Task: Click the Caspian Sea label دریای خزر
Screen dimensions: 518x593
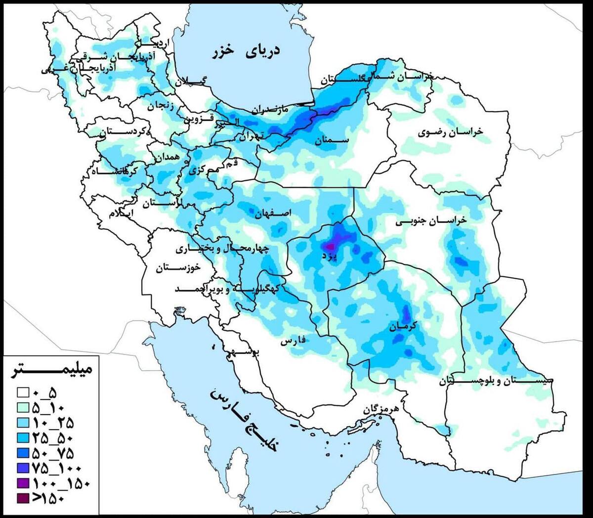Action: point(246,51)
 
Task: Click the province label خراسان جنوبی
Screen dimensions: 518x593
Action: point(430,222)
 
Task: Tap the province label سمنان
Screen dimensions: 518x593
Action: point(333,140)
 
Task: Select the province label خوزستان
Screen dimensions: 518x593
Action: point(178,268)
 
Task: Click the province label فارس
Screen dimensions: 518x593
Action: point(294,341)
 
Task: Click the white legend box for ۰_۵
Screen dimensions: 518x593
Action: point(23,393)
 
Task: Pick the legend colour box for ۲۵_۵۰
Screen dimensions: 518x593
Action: point(23,438)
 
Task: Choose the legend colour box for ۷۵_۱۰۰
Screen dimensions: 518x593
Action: point(23,468)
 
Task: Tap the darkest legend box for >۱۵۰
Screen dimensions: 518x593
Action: point(23,498)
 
